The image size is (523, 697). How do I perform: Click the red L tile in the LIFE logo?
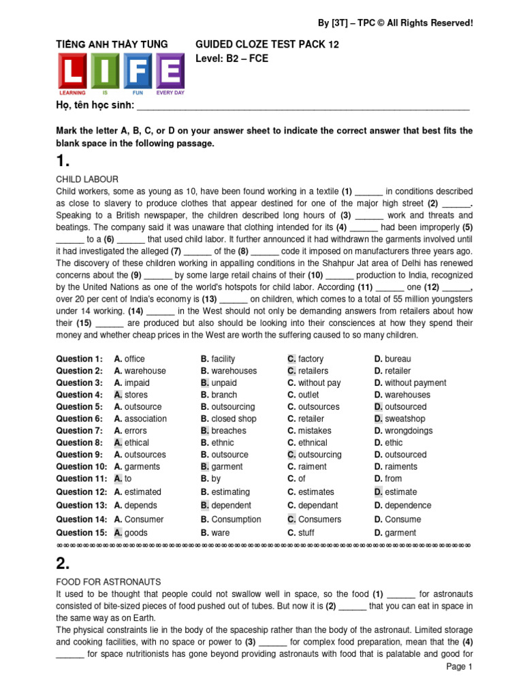(x=72, y=71)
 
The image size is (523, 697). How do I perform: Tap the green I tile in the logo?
(x=105, y=71)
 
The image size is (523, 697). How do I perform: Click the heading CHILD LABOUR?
(x=87, y=179)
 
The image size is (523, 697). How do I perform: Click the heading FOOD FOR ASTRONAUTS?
(x=108, y=581)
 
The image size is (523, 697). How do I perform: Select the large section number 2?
(x=63, y=562)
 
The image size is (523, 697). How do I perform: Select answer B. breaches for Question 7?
(x=225, y=431)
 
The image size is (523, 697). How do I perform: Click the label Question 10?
(x=82, y=467)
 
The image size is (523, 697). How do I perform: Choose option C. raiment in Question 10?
(x=307, y=467)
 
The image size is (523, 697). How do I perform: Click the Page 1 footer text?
(x=459, y=667)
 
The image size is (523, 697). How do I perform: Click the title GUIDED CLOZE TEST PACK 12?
(x=267, y=44)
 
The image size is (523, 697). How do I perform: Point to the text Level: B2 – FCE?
(x=232, y=59)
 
